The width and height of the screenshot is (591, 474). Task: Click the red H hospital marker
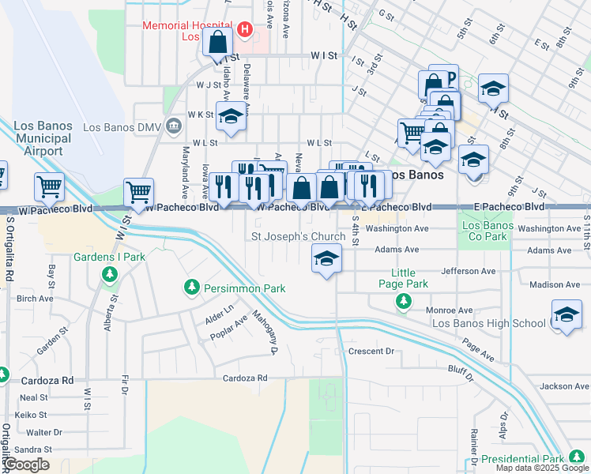(245, 30)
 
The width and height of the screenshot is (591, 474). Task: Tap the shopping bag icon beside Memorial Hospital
(217, 41)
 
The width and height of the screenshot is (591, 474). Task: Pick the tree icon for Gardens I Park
(110, 274)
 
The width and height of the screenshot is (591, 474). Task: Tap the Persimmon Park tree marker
(191, 288)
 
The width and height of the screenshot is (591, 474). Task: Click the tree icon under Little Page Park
(404, 301)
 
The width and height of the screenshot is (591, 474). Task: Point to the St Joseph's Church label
(299, 236)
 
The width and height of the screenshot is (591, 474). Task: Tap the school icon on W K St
(230, 115)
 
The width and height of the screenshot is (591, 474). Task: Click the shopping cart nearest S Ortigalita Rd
(49, 187)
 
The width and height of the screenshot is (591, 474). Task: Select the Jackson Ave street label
(564, 386)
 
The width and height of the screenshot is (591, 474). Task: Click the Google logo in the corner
(26, 465)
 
